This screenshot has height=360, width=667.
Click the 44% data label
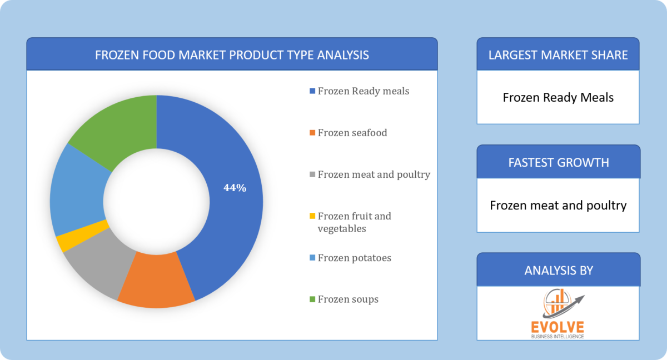[x=235, y=188]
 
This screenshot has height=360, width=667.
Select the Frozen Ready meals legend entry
[x=363, y=91]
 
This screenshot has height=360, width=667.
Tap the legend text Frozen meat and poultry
[x=374, y=174]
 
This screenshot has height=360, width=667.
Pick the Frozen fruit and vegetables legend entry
[x=354, y=222]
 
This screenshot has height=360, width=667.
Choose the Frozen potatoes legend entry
[x=354, y=258]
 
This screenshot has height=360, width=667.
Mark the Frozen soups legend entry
[x=348, y=299]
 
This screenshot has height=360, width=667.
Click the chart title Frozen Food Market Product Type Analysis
[x=232, y=54]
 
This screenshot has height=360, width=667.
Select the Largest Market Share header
[x=558, y=54]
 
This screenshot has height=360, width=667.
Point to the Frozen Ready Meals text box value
[x=558, y=98]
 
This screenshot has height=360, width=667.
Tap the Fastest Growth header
[x=558, y=162]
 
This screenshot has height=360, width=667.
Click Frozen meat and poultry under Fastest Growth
[x=558, y=206]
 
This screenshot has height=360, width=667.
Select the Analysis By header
[x=558, y=271]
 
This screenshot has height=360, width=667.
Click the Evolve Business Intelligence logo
[x=558, y=314]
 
